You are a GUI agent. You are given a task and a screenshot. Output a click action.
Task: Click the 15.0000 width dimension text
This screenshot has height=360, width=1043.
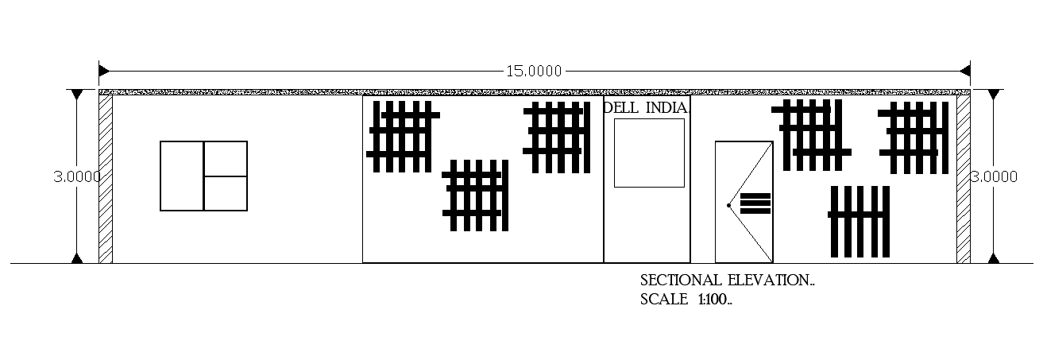(x=534, y=71)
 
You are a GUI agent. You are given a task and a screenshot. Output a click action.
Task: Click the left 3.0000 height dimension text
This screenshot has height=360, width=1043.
(x=76, y=176)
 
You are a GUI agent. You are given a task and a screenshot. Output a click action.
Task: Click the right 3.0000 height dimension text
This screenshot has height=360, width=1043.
(x=993, y=176)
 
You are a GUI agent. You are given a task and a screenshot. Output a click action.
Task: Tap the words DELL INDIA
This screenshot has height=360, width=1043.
(x=646, y=107)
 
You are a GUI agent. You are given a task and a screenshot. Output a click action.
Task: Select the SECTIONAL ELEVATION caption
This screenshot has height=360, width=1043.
(x=727, y=281)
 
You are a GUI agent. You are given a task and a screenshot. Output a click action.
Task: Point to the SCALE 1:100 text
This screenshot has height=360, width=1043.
(x=686, y=300)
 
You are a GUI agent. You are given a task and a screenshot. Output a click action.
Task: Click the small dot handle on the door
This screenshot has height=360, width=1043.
(x=728, y=205)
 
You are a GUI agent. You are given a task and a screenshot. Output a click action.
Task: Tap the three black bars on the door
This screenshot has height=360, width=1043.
(x=755, y=203)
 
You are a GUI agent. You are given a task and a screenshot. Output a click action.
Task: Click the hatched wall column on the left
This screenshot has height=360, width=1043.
(x=105, y=179)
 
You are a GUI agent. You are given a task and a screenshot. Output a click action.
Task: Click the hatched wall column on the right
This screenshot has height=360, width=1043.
(x=963, y=179)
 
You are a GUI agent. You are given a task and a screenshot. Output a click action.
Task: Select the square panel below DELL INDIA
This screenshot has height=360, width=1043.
(x=649, y=153)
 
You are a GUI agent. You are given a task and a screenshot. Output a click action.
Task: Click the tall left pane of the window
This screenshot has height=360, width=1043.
(x=182, y=176)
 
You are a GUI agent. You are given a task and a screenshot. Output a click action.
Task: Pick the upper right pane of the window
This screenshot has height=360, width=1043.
(x=226, y=158)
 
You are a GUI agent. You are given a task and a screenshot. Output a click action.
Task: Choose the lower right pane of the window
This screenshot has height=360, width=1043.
(x=226, y=193)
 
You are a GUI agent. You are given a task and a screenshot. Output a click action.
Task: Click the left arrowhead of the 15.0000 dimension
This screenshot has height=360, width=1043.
(x=104, y=71)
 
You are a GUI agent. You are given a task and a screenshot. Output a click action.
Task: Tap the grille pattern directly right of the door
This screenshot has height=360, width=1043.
(x=811, y=134)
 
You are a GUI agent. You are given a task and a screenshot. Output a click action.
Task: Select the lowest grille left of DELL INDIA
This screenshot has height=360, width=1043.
(x=476, y=195)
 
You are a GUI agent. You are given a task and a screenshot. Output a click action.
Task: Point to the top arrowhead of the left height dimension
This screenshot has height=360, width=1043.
(x=76, y=95)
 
